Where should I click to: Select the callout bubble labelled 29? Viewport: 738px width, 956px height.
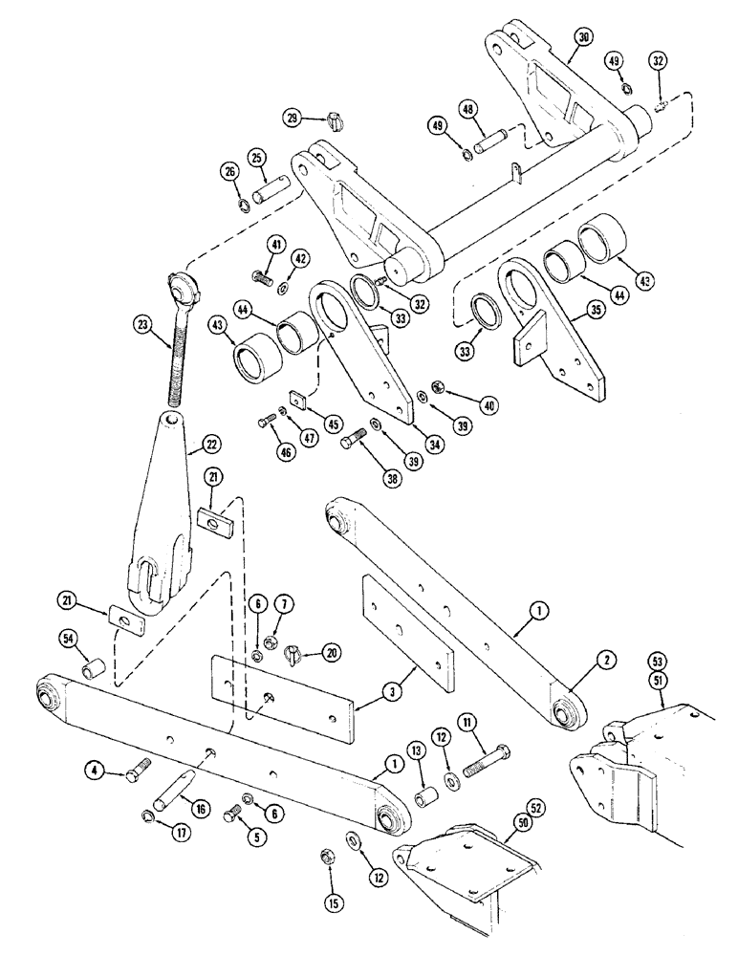[x=293, y=118]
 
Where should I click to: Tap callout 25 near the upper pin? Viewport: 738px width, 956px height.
[x=256, y=156]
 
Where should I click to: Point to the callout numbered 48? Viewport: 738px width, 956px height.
[x=468, y=109]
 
